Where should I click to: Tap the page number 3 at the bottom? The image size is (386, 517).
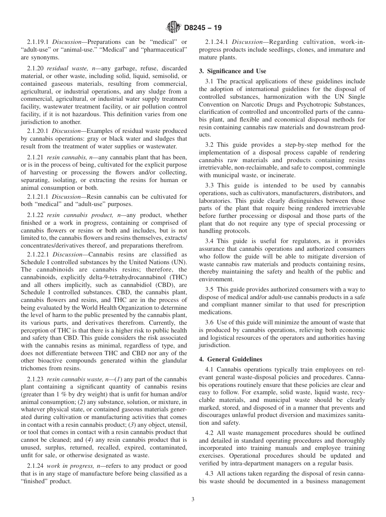[193, 500]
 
